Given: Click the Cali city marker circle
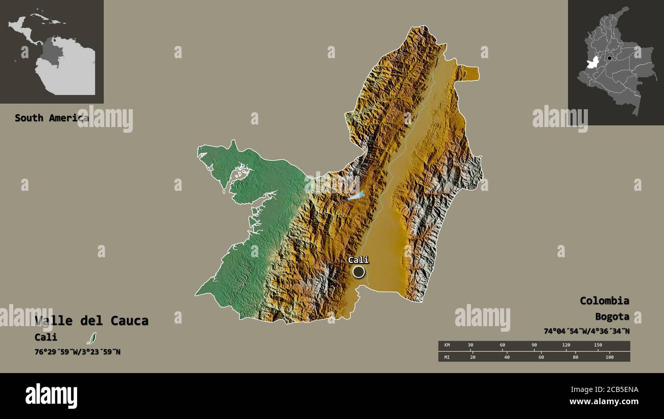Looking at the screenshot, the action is [x=359, y=272].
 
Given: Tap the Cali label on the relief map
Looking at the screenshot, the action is [x=358, y=260].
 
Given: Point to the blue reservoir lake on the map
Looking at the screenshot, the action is [x=356, y=195].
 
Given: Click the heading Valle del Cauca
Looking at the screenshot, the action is [x=91, y=321].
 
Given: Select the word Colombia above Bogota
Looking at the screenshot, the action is [x=604, y=301].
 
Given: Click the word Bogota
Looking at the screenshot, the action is [x=612, y=316].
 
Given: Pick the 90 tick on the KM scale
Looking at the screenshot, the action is [x=534, y=346].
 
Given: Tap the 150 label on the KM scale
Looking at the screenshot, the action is [x=598, y=346].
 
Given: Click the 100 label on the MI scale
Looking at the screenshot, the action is [x=609, y=357].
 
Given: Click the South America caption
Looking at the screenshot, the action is [x=51, y=118].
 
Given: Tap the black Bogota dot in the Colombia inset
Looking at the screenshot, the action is [x=609, y=58].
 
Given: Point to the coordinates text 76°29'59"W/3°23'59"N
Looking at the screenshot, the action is [x=78, y=352].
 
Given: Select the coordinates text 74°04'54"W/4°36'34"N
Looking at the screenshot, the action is [x=586, y=331].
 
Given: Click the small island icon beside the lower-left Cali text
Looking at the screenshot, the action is [x=91, y=338].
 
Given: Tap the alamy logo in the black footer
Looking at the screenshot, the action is [x=51, y=396].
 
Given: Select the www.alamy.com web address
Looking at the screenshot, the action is [x=604, y=402].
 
